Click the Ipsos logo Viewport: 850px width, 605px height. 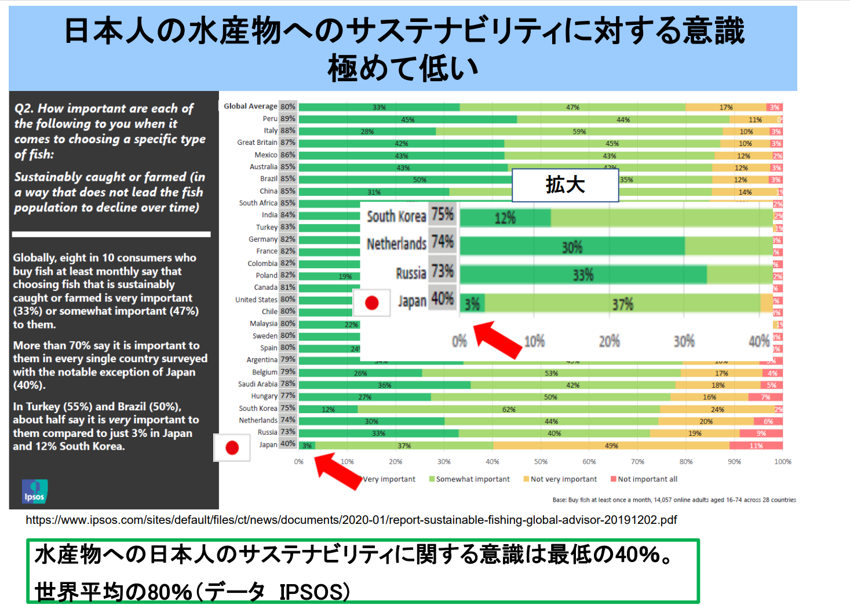click(35, 491)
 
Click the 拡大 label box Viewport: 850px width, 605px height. click(565, 185)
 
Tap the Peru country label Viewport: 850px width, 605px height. click(270, 119)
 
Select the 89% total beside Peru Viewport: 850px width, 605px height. click(288, 119)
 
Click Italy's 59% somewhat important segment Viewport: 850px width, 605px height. click(579, 132)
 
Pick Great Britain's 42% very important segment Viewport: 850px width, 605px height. click(401, 144)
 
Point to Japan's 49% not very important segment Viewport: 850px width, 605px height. click(611, 446)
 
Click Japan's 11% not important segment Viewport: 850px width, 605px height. click(756, 446)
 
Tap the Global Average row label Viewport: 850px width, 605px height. click(250, 107)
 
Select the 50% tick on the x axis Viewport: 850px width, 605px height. click(541, 462)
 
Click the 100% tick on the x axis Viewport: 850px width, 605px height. click(783, 462)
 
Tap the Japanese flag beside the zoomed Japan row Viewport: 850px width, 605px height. click(371, 302)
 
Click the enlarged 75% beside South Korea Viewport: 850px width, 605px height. click(443, 214)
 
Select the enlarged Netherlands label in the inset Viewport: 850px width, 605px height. click(396, 243)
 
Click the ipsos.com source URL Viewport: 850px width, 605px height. click(351, 520)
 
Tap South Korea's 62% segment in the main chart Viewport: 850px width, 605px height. click(509, 409)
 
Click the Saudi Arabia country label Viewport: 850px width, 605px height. click(258, 384)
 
